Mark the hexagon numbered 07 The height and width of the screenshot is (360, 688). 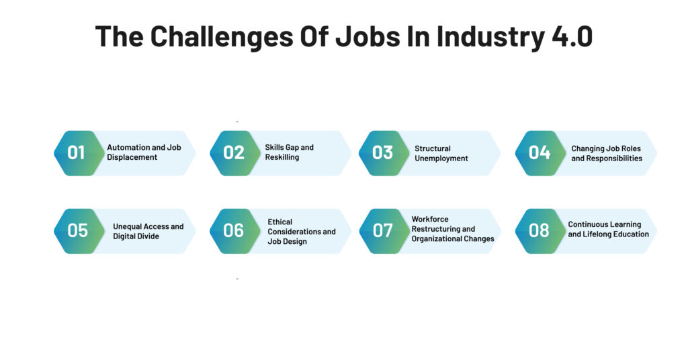click(x=384, y=231)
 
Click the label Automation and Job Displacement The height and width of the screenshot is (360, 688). click(x=144, y=152)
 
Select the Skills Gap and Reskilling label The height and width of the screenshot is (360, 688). click(x=289, y=152)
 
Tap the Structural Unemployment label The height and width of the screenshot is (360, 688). click(x=441, y=154)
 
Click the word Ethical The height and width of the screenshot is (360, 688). click(x=280, y=222)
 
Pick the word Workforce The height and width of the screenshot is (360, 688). click(x=430, y=219)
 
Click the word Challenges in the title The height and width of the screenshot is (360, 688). click(x=222, y=36)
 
